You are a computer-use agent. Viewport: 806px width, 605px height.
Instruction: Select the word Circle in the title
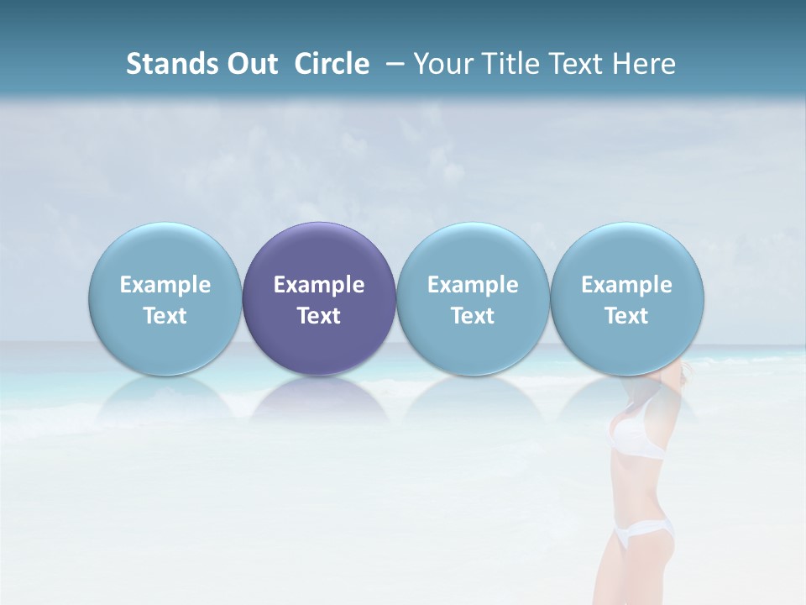[x=332, y=64]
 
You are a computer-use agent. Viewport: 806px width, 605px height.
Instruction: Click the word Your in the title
[x=442, y=64]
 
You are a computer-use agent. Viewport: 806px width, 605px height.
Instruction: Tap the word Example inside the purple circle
[x=319, y=285]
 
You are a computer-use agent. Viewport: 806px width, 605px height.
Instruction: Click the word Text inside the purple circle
[x=319, y=316]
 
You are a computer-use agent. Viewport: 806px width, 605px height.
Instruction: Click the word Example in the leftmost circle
[x=165, y=285]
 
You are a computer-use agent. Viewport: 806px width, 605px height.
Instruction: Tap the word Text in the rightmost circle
[x=627, y=316]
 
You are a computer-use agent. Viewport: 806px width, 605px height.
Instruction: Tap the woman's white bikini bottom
[x=644, y=531]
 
